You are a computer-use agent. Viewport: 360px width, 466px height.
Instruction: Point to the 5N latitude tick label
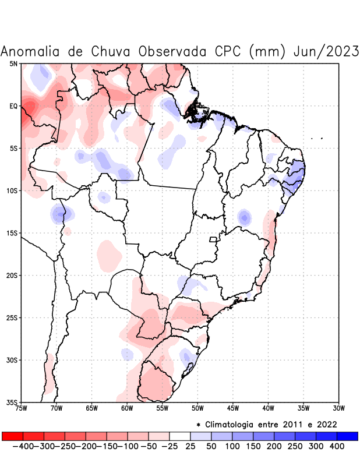click(x=13, y=63)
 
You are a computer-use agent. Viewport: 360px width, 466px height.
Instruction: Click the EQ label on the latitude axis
click(x=13, y=106)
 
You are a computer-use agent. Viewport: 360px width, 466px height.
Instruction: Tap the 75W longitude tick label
click(x=21, y=408)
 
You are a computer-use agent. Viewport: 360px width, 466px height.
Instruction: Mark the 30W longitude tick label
click(x=338, y=408)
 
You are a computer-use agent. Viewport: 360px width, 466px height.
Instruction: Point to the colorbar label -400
click(x=22, y=446)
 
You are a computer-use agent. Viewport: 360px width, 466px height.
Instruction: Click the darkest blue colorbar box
click(x=347, y=436)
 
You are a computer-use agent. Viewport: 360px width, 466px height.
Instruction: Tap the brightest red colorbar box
click(x=12, y=436)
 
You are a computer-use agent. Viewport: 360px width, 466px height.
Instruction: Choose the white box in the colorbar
click(x=179, y=436)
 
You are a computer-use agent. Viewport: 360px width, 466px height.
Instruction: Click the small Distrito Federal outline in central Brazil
click(x=213, y=239)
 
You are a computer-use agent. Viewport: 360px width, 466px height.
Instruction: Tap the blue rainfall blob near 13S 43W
click(x=245, y=218)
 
